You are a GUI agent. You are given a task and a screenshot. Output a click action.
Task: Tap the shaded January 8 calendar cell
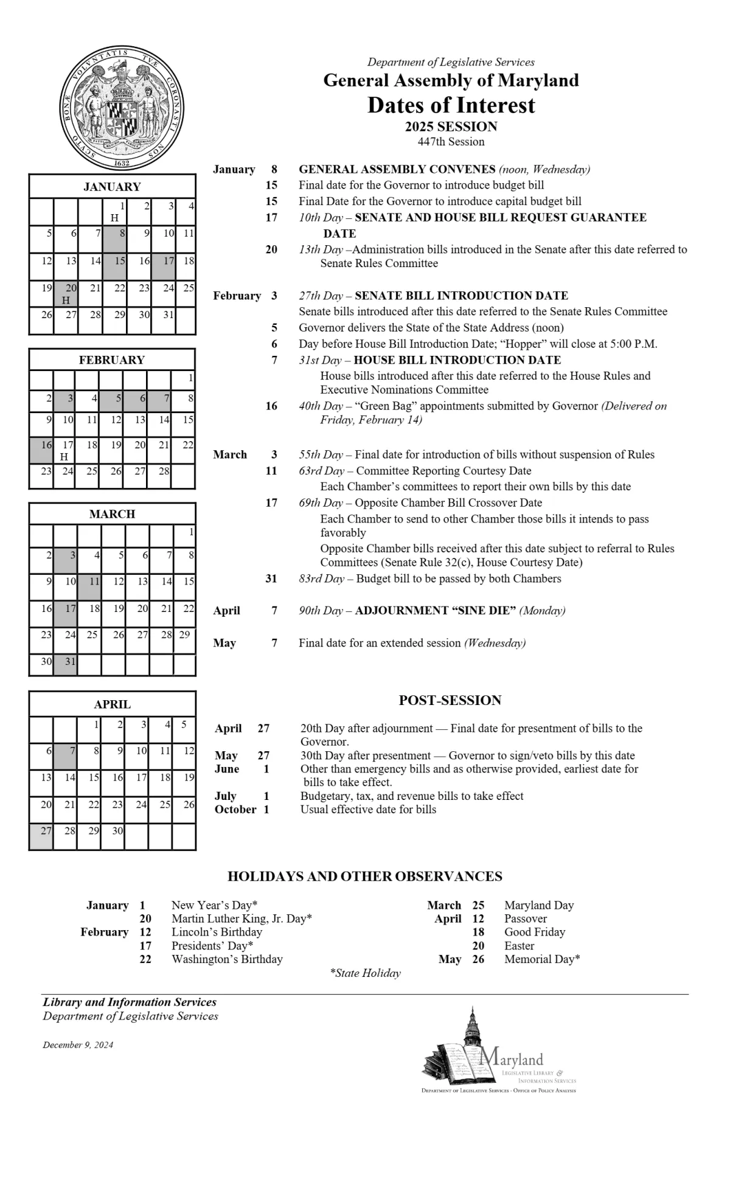pos(115,238)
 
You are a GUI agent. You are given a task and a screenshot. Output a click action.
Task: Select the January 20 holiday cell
pos(66,294)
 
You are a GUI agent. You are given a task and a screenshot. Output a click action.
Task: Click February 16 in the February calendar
pos(41,451)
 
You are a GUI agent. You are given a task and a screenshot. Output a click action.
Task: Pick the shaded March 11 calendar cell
pos(89,587)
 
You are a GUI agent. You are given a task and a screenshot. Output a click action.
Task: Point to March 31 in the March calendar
pos(66,664)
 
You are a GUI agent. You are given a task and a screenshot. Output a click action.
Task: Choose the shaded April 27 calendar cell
pos(41,836)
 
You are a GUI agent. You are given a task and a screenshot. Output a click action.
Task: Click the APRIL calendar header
pos(113,704)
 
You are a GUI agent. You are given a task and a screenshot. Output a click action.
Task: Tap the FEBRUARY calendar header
pos(113,360)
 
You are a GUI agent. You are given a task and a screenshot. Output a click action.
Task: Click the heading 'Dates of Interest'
pos(451,105)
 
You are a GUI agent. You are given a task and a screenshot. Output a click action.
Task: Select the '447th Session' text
pos(451,142)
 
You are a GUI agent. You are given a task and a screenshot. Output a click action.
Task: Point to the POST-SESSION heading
pos(450,700)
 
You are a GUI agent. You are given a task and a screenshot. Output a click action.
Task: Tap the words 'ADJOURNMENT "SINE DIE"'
pos(436,610)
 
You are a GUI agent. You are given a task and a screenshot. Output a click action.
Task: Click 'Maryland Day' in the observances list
pos(539,905)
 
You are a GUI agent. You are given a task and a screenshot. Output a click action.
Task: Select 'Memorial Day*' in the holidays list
pos(542,959)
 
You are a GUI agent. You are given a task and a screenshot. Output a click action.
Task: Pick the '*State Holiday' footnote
pos(365,973)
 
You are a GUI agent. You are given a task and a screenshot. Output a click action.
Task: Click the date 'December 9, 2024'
pos(78,1045)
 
